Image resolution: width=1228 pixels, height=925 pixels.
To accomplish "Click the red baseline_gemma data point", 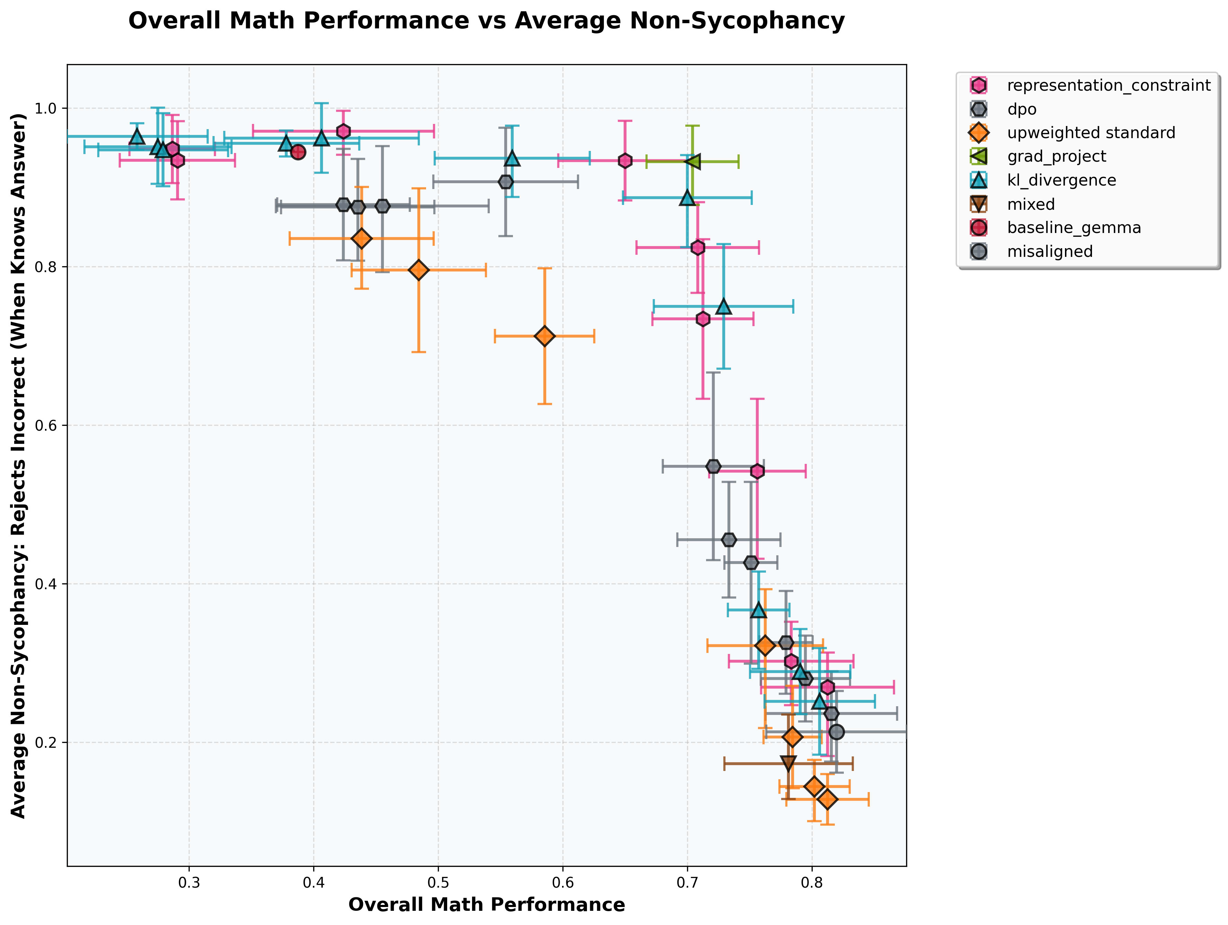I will click(298, 152).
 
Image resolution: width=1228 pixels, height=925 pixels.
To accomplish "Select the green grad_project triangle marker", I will click(693, 162).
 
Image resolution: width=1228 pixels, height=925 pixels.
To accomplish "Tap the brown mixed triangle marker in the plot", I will click(788, 763).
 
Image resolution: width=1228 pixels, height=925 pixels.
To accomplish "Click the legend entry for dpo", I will click(1021, 109).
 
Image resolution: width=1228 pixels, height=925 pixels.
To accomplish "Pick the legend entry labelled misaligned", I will click(1049, 252).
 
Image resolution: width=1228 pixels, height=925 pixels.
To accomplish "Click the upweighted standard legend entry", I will click(1090, 133).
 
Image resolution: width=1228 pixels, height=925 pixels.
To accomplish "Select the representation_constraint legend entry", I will click(1108, 86).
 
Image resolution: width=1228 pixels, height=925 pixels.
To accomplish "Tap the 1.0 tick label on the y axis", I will click(47, 108).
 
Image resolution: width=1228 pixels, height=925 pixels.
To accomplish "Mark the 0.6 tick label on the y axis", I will click(47, 426).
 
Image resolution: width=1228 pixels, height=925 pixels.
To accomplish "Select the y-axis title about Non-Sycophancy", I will click(19, 465).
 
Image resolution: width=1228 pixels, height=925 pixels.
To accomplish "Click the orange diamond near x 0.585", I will click(545, 336).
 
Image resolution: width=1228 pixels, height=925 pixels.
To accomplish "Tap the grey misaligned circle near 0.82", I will click(837, 732).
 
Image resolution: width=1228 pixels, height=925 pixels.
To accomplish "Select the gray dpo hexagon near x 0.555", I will click(505, 181).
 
